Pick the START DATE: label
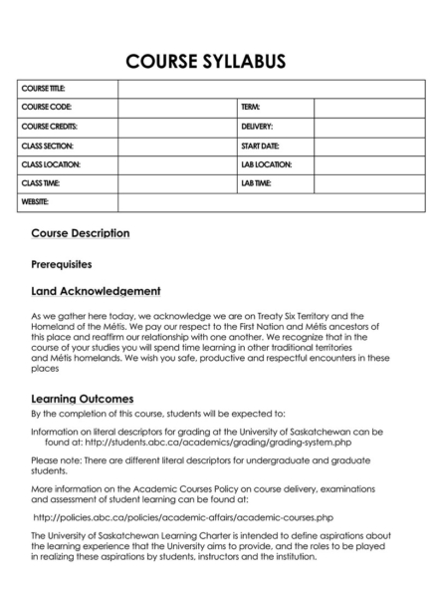[259, 146]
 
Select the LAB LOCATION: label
[265, 164]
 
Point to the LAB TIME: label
[256, 183]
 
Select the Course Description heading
[81, 233]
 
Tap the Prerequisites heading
[62, 265]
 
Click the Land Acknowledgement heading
[97, 292]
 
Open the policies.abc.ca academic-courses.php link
[183, 518]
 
